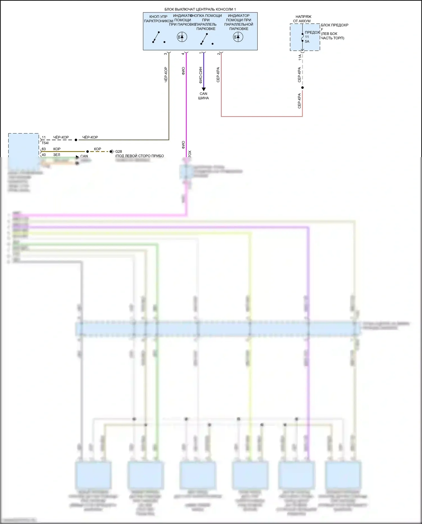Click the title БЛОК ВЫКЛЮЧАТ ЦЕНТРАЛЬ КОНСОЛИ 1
(x=200, y=9)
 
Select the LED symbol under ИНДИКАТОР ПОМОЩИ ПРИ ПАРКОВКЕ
(x=182, y=37)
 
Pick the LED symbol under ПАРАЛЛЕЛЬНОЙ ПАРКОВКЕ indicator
(x=238, y=37)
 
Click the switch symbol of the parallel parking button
(x=204, y=39)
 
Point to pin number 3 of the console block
(x=165, y=53)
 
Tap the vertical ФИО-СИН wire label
(x=200, y=75)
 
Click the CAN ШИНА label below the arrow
(x=203, y=96)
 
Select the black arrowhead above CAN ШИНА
(x=204, y=89)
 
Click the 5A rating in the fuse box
(x=307, y=41)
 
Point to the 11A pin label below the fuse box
(x=300, y=57)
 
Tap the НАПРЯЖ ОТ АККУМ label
(x=302, y=19)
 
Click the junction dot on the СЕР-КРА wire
(x=302, y=88)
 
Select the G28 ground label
(x=118, y=151)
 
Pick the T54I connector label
(x=45, y=143)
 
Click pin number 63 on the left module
(x=44, y=149)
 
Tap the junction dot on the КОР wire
(x=87, y=151)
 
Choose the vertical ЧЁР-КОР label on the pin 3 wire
(x=166, y=75)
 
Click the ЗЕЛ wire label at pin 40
(x=57, y=155)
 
